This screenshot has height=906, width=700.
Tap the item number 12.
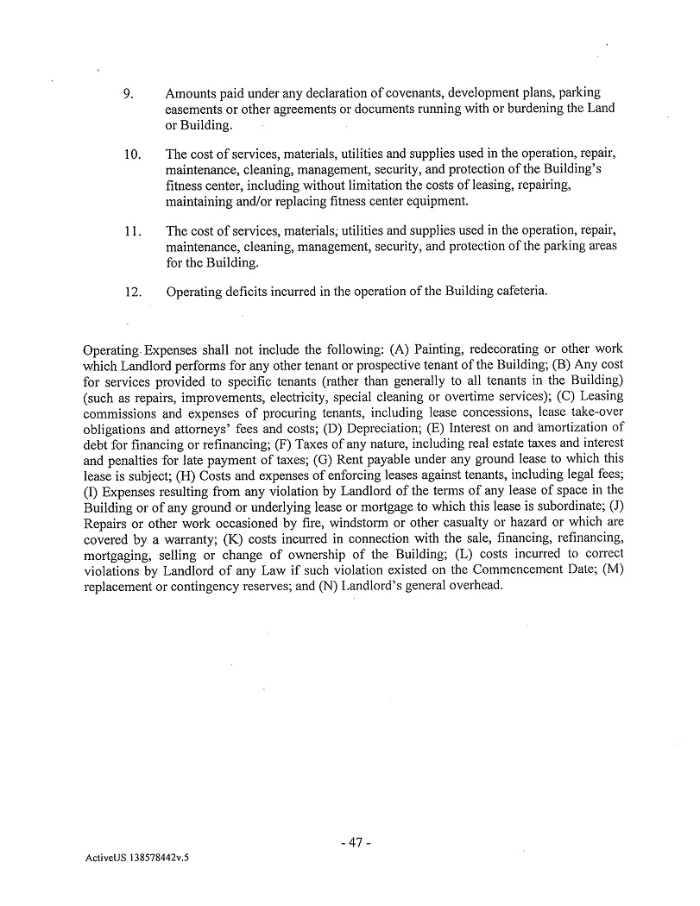coord(132,293)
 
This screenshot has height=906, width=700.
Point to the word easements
coord(194,110)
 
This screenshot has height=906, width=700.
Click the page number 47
coord(355,842)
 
